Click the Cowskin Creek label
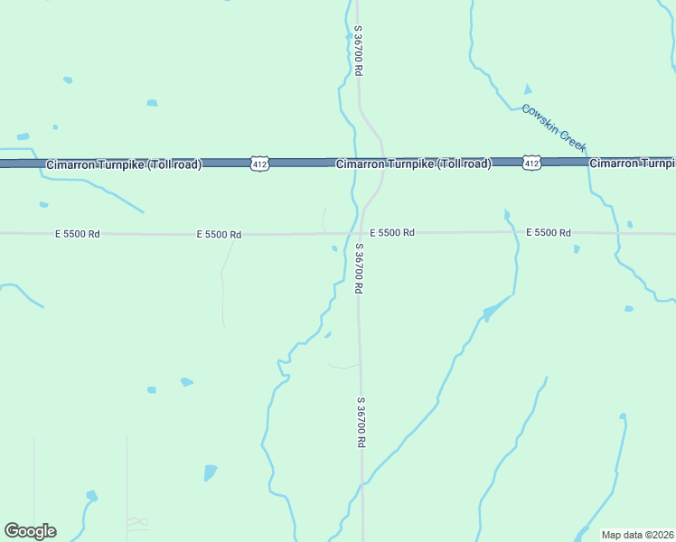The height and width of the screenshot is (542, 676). tap(555, 127)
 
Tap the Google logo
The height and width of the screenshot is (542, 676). tap(30, 531)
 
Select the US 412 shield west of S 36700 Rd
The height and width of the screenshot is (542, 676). tap(259, 164)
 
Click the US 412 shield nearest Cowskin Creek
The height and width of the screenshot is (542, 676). tap(530, 163)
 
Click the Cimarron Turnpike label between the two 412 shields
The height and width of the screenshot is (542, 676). tap(413, 164)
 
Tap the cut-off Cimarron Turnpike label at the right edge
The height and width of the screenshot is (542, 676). tap(632, 164)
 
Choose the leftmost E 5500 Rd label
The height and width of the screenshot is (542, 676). tap(77, 234)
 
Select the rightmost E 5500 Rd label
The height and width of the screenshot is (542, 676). tap(549, 233)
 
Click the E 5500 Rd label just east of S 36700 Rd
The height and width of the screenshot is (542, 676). tap(391, 233)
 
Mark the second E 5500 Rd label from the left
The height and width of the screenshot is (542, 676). tap(219, 235)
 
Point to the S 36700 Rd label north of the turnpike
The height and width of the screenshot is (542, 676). tap(359, 50)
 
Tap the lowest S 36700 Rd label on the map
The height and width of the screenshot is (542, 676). tap(361, 422)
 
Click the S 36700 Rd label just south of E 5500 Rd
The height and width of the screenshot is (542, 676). tap(359, 268)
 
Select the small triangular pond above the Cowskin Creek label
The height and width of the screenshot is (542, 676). tap(528, 89)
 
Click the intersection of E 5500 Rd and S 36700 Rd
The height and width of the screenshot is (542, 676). tap(359, 233)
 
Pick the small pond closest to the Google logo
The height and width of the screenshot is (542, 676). tap(91, 496)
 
